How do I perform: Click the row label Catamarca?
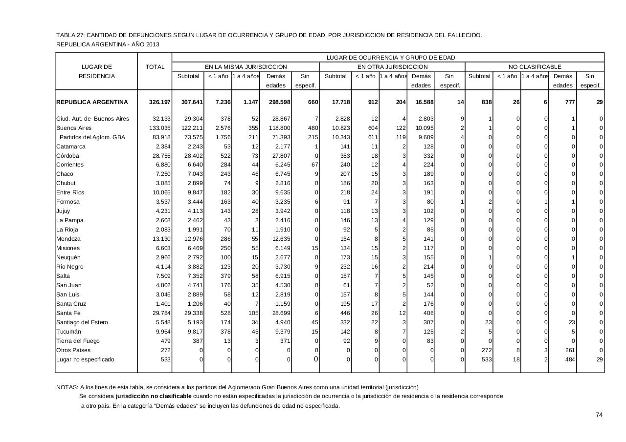(x=71, y=147)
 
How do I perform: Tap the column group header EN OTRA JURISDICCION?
(x=392, y=67)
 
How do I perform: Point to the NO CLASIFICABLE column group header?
(x=535, y=67)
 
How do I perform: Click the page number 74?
(x=599, y=415)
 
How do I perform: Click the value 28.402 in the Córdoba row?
(x=190, y=156)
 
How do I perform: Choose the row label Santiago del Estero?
(x=82, y=322)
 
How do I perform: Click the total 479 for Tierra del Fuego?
(x=165, y=341)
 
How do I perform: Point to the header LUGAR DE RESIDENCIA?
(x=97, y=72)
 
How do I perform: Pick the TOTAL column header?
(x=155, y=67)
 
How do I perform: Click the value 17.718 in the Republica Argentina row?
(x=336, y=102)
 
